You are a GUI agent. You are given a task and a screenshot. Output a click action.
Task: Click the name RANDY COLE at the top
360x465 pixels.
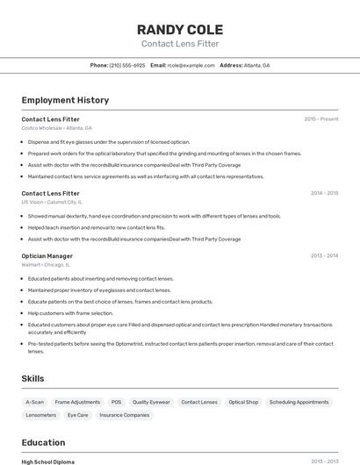tap(180, 29)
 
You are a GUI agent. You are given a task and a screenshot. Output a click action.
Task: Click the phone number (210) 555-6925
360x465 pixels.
tap(127, 65)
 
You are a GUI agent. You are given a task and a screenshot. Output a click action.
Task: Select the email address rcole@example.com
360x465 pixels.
tap(191, 65)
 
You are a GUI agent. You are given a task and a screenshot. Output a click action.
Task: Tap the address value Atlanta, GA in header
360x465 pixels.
tap(257, 65)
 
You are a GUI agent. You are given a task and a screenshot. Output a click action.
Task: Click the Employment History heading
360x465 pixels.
tap(65, 100)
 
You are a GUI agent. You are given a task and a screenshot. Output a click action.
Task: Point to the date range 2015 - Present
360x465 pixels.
tap(320, 118)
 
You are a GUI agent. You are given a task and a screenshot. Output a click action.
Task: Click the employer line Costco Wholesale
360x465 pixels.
tap(56, 128)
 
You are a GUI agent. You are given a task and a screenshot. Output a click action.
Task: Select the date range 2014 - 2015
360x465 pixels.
tap(324, 193)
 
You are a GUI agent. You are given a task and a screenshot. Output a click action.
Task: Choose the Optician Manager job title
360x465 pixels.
tap(47, 256)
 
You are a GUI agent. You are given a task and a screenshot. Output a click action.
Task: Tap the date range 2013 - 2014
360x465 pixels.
tap(324, 256)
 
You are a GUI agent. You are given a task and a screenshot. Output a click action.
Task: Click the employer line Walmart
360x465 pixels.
tap(45, 265)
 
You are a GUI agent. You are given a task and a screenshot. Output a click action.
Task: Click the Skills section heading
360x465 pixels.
tap(33, 378)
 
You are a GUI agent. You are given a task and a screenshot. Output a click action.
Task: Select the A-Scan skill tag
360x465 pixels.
tap(35, 402)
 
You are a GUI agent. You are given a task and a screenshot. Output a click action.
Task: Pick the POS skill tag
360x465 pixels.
tap(116, 402)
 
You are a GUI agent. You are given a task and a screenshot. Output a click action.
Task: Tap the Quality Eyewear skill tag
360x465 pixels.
tap(151, 402)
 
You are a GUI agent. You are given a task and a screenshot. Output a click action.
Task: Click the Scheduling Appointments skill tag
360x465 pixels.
tap(299, 402)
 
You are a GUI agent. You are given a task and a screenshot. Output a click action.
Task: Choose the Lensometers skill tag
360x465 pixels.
tap(41, 415)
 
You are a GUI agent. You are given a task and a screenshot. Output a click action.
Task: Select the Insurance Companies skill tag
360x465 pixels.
tap(125, 415)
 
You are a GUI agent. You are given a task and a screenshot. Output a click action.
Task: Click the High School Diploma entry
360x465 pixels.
tap(48, 461)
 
